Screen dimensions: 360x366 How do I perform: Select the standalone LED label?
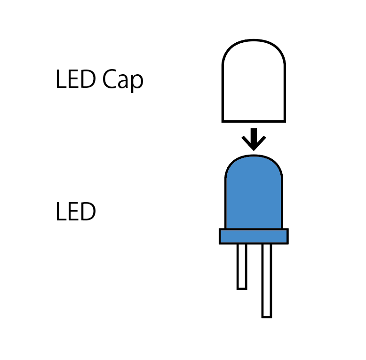(76, 212)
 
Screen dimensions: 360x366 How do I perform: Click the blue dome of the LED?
(254, 193)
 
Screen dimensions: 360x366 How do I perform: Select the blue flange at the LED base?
(254, 236)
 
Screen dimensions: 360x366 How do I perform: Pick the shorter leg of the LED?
(242, 266)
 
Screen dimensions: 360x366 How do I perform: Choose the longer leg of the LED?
(266, 280)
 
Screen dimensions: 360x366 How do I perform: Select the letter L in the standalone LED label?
(60, 212)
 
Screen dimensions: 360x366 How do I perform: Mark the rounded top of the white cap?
(254, 42)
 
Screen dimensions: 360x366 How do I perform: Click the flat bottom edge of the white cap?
(254, 121)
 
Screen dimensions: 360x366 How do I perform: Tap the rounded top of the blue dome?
(254, 157)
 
